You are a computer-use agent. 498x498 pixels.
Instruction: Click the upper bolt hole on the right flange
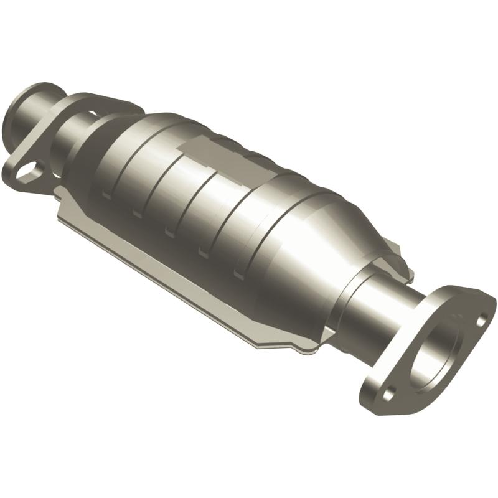click(x=481, y=320)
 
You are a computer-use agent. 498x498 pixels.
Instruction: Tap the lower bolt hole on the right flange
click(x=388, y=393)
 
